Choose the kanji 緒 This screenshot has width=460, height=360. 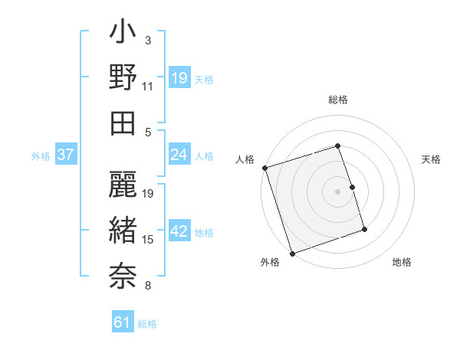tap(123, 227)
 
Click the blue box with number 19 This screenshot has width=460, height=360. tap(179, 78)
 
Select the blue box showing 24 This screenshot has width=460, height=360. tap(179, 155)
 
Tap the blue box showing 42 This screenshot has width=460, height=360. tap(179, 232)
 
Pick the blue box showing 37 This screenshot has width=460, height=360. tap(65, 155)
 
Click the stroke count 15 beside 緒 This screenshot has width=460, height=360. tap(149, 240)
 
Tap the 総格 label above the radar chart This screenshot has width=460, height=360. tap(337, 100)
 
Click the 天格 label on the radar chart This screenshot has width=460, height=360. tap(431, 159)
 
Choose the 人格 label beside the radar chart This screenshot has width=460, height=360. tap(245, 159)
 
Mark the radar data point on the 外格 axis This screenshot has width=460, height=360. tap(292, 253)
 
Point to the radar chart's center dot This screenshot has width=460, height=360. tap(337, 191)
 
